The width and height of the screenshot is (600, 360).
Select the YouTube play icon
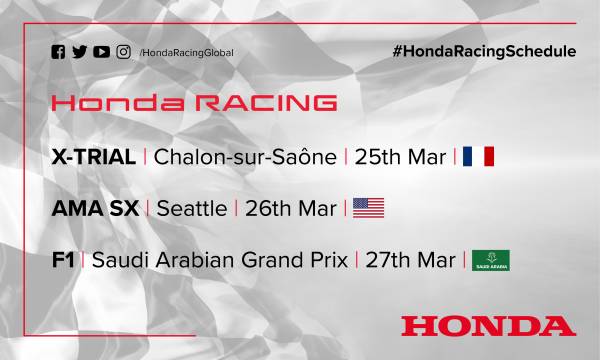[x=102, y=51]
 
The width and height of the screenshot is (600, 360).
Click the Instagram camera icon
[x=123, y=51]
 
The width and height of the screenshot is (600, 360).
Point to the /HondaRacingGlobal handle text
[x=187, y=52]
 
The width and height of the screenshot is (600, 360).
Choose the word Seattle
[x=189, y=208]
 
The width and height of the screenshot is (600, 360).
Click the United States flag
[x=369, y=208]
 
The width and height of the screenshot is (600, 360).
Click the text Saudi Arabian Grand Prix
[x=219, y=259]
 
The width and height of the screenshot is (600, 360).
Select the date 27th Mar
[x=410, y=259]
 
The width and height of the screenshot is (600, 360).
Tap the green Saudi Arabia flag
[x=491, y=259]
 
